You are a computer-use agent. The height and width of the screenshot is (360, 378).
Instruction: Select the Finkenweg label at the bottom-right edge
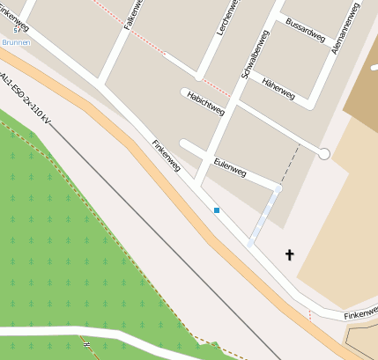360,312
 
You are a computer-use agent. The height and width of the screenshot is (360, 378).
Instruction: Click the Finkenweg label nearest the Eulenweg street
167,157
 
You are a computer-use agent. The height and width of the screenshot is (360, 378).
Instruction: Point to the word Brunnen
15,41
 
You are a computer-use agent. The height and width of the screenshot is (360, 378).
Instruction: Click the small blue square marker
217,210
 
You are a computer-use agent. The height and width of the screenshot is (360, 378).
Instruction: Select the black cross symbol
288,255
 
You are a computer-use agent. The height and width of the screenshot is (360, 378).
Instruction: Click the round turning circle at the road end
324,154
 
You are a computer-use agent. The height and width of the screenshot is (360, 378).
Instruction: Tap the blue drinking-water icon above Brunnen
17,31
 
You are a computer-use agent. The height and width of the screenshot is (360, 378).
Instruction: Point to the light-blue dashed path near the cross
265,215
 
